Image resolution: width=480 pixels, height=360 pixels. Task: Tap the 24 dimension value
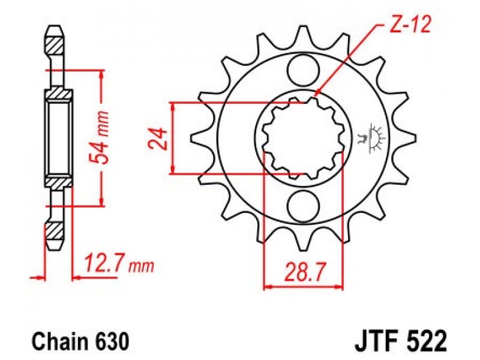[158, 139]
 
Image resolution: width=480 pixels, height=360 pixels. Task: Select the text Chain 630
[80, 341]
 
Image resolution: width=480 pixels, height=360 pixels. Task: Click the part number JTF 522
[401, 341]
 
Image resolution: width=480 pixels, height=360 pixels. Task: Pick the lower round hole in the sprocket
[303, 206]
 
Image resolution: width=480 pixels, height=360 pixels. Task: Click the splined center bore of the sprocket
[303, 138]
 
